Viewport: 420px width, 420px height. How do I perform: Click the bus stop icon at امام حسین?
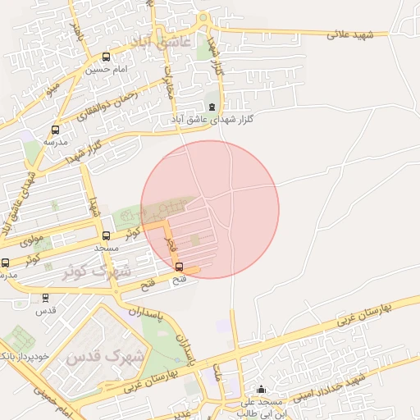pos(106,57)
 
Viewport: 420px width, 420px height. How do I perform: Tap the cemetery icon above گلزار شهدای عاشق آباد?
pos(212,107)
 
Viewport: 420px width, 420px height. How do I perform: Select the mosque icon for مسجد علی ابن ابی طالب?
pos(262,390)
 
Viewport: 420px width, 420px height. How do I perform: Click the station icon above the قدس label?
pos(45,299)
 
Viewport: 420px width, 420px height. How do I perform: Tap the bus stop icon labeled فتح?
pos(180,267)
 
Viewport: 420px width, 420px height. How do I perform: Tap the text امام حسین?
pos(106,71)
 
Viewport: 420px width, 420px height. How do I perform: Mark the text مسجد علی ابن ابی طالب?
pos(262,408)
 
